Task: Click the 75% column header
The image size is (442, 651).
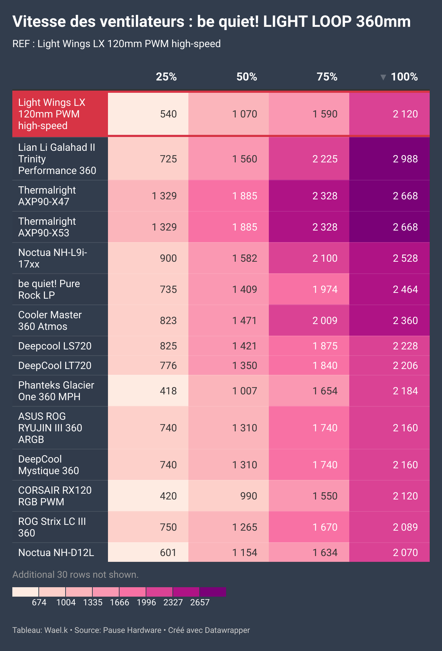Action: point(327,77)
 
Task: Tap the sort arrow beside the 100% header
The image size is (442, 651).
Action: point(383,77)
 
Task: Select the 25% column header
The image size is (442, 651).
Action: point(166,77)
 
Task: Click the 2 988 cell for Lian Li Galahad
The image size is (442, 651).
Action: point(405,159)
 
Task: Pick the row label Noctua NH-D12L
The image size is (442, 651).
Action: point(56,552)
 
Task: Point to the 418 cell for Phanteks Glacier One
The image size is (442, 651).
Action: point(168,391)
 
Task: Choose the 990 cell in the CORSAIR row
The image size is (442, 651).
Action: point(249,496)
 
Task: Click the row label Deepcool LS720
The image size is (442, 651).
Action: point(55,346)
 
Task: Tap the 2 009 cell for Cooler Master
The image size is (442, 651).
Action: point(325,320)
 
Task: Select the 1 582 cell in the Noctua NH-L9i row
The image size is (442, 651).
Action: point(245,258)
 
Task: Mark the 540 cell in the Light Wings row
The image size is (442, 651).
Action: point(168,114)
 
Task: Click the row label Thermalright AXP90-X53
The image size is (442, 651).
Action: point(47,227)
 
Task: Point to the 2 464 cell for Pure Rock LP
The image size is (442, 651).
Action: point(405,289)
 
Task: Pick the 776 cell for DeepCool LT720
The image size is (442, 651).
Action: point(168,365)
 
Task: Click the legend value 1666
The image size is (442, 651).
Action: point(120,602)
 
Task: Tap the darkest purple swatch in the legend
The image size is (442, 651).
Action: point(213,592)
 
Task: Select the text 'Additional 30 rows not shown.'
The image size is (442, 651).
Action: point(75,575)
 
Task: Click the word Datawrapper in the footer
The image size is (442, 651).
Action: point(227,630)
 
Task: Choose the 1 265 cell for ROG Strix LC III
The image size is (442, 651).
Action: point(245,527)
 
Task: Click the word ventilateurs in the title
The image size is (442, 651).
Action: point(142,22)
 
